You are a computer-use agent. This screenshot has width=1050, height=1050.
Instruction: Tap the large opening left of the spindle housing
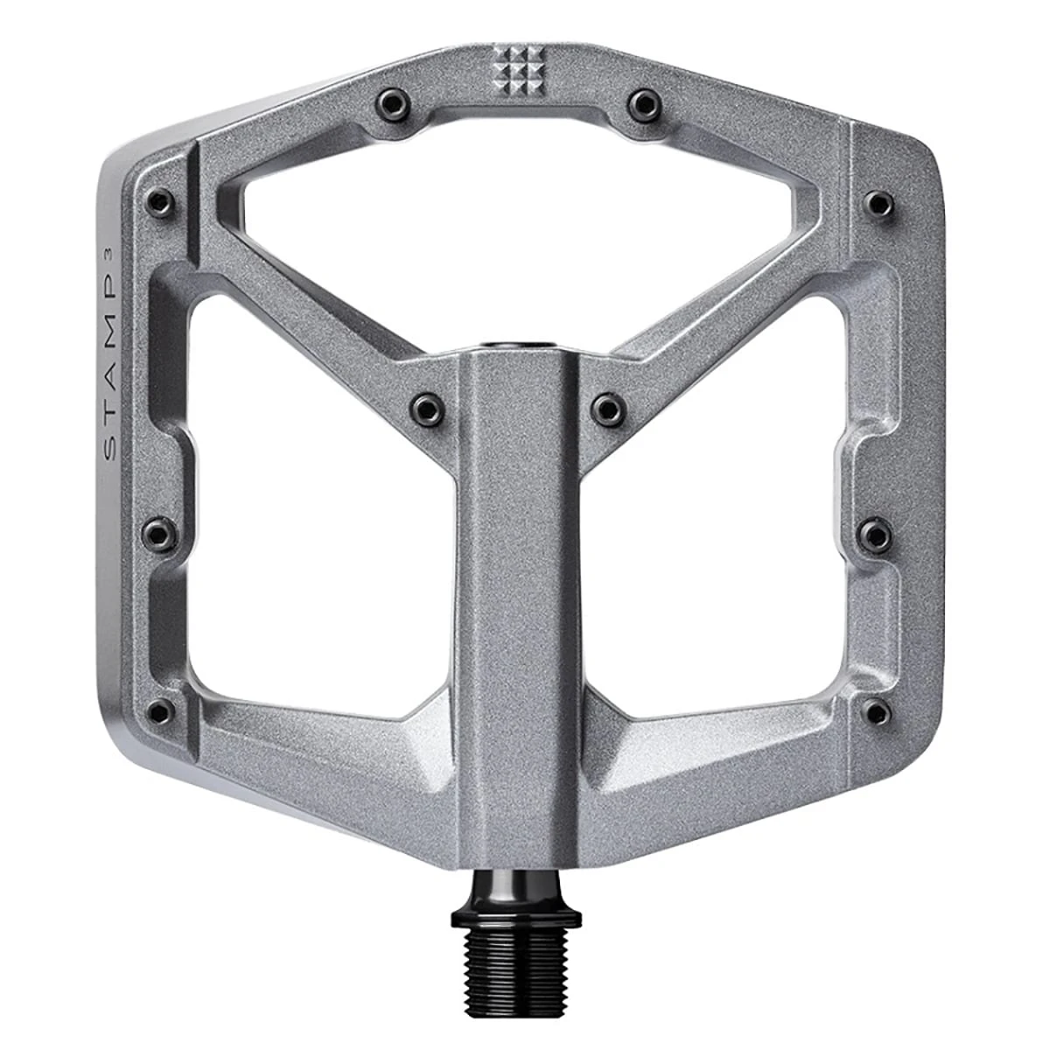tap(319, 516)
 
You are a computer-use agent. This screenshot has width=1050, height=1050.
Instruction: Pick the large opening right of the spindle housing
tap(717, 516)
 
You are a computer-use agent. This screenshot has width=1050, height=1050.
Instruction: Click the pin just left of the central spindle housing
tap(424, 406)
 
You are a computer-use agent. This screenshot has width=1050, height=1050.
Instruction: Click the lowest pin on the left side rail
tap(160, 711)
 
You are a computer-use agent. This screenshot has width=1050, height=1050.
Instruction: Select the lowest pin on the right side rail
tap(876, 711)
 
